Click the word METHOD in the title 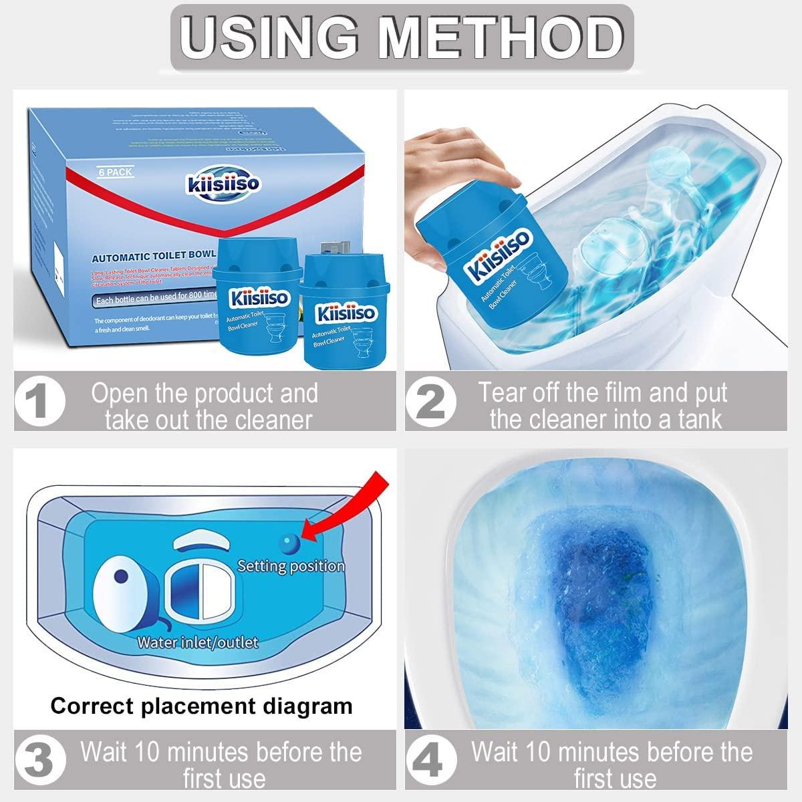point(501,37)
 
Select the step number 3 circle point(40,762)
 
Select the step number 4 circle point(432,762)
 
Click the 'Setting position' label point(291,566)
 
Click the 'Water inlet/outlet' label point(197,642)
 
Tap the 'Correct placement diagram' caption point(201,706)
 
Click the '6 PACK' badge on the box point(116,172)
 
